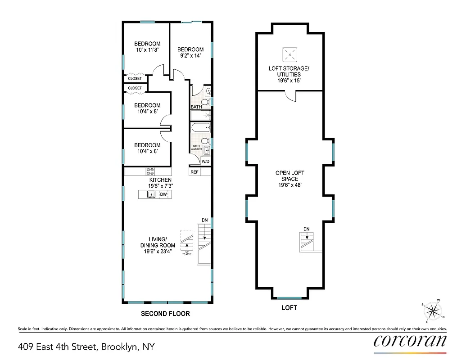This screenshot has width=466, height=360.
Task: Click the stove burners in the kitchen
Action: [150, 171]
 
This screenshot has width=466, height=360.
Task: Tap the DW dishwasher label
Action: [163, 194]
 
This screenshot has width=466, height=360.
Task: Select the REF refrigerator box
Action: [195, 172]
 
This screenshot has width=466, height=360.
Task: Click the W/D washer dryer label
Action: [205, 161]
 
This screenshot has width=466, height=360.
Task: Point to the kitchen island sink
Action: [152, 194]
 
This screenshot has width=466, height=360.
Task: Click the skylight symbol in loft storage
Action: [290, 55]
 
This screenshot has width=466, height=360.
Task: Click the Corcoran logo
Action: [410, 341]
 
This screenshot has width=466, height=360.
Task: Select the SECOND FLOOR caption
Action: [166, 314]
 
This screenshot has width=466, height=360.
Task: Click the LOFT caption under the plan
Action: [289, 308]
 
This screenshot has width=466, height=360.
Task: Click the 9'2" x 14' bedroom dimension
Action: [190, 56]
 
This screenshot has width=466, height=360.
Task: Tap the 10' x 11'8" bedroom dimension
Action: [148, 50]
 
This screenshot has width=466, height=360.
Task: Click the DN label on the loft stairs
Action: [307, 229]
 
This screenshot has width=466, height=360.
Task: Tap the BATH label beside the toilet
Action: [196, 107]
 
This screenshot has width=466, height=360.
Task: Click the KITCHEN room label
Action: [161, 180]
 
